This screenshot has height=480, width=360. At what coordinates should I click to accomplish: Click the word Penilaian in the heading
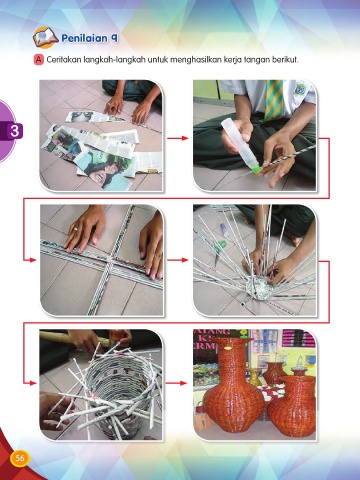point(85,38)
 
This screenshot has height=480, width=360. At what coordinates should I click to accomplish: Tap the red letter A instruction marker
point(39,60)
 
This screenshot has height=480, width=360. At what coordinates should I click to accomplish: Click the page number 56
point(20,458)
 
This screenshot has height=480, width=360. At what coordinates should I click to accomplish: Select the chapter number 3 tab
point(14,131)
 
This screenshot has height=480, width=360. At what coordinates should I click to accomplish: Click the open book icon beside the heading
point(46,37)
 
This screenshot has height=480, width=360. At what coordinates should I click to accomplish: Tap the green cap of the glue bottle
point(255,169)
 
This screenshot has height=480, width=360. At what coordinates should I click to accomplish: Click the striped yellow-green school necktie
point(274,100)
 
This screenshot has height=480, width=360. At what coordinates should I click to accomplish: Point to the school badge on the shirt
point(300,89)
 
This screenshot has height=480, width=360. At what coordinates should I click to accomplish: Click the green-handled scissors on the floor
point(219,249)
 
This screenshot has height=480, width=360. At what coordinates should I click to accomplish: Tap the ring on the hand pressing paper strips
point(76,229)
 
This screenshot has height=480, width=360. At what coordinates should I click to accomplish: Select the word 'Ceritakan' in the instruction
point(63,60)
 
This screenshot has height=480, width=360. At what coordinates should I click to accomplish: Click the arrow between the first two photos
point(178,138)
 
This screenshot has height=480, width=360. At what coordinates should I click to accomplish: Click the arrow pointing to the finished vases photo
point(176,383)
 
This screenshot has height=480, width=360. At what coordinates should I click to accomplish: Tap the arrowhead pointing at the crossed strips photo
point(33,260)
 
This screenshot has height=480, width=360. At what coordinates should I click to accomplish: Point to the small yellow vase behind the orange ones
point(254,377)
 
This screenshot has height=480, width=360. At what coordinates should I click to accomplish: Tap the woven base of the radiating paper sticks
point(259,287)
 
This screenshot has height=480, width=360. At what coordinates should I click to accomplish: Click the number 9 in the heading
point(114,38)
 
